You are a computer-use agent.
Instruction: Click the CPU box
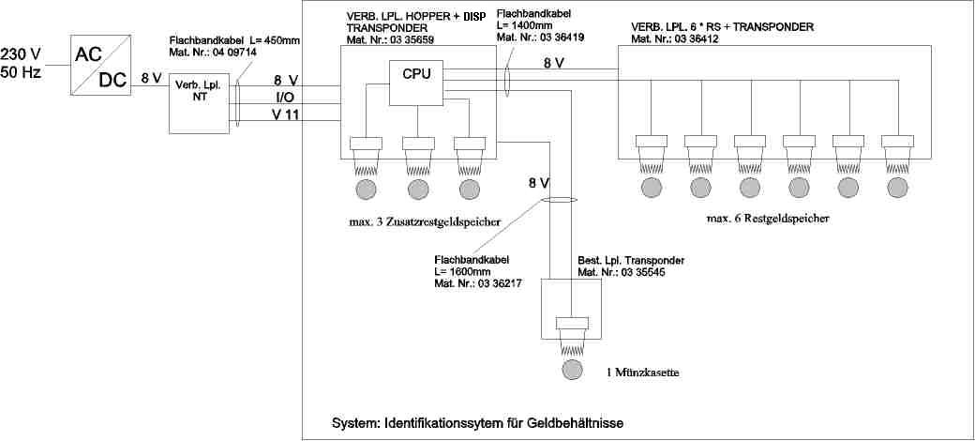(x=416, y=74)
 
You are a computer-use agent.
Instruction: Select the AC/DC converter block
(x=102, y=65)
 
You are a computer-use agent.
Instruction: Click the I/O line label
(x=284, y=98)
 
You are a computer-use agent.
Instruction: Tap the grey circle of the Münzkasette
(x=571, y=369)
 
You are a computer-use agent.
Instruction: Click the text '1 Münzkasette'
(x=642, y=373)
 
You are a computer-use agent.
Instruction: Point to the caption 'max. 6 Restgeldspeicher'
(x=770, y=218)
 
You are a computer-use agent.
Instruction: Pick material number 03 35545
(x=625, y=272)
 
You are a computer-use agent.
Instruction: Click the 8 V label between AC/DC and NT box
(x=151, y=79)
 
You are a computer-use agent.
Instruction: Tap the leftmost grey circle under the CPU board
(x=366, y=188)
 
